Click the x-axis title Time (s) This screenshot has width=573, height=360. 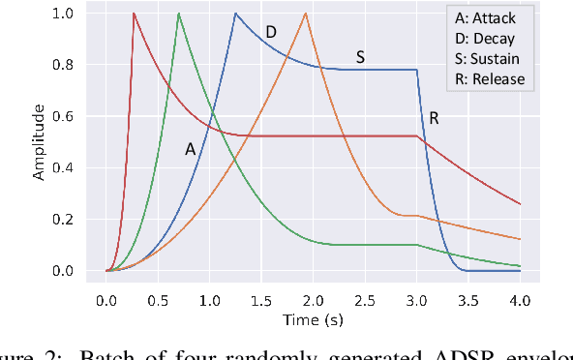click(313, 317)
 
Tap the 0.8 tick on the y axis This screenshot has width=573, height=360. click(62, 66)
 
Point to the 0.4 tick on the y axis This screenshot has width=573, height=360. click(62, 168)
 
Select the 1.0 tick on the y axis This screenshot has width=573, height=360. click(62, 15)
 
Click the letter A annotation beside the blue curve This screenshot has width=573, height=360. click(191, 149)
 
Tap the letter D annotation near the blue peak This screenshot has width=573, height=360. click(271, 33)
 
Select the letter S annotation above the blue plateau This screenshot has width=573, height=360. click(360, 57)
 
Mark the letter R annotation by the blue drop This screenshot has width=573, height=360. click(435, 119)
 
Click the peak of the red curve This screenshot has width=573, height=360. click(134, 14)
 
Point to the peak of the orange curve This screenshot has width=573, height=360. click(306, 14)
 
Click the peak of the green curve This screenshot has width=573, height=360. click(179, 14)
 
